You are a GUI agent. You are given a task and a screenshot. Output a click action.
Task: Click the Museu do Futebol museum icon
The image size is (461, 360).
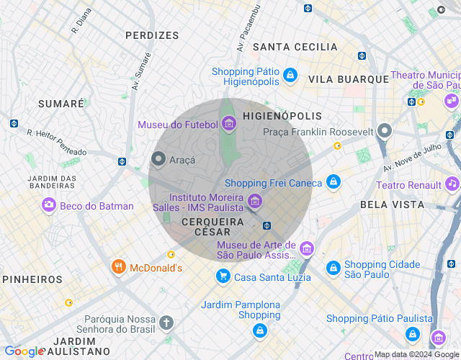[229, 125]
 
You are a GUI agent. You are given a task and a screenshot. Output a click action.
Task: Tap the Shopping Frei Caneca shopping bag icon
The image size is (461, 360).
[333, 182]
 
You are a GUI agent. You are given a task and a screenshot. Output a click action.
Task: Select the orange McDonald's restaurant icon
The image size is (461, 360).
[119, 268]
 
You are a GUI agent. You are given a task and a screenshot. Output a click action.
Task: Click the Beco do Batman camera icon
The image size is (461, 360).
[49, 205]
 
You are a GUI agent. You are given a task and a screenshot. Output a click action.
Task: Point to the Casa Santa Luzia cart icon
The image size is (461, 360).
[223, 276]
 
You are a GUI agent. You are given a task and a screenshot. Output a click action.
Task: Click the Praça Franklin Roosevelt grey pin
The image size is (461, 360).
[385, 132]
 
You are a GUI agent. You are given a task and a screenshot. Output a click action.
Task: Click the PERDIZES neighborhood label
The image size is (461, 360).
[152, 35]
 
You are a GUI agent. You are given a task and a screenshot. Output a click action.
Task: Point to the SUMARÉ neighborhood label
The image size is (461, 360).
[61, 104]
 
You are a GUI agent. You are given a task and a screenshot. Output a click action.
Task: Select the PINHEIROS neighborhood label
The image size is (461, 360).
[32, 279]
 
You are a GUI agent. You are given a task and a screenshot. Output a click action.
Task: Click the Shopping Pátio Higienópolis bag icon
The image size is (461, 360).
[290, 75]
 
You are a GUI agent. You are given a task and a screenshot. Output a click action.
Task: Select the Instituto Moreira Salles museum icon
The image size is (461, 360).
[254, 201]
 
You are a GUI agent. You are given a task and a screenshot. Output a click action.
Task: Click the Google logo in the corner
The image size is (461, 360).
[23, 351]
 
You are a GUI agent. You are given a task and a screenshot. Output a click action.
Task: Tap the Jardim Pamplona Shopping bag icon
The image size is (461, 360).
[259, 330]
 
